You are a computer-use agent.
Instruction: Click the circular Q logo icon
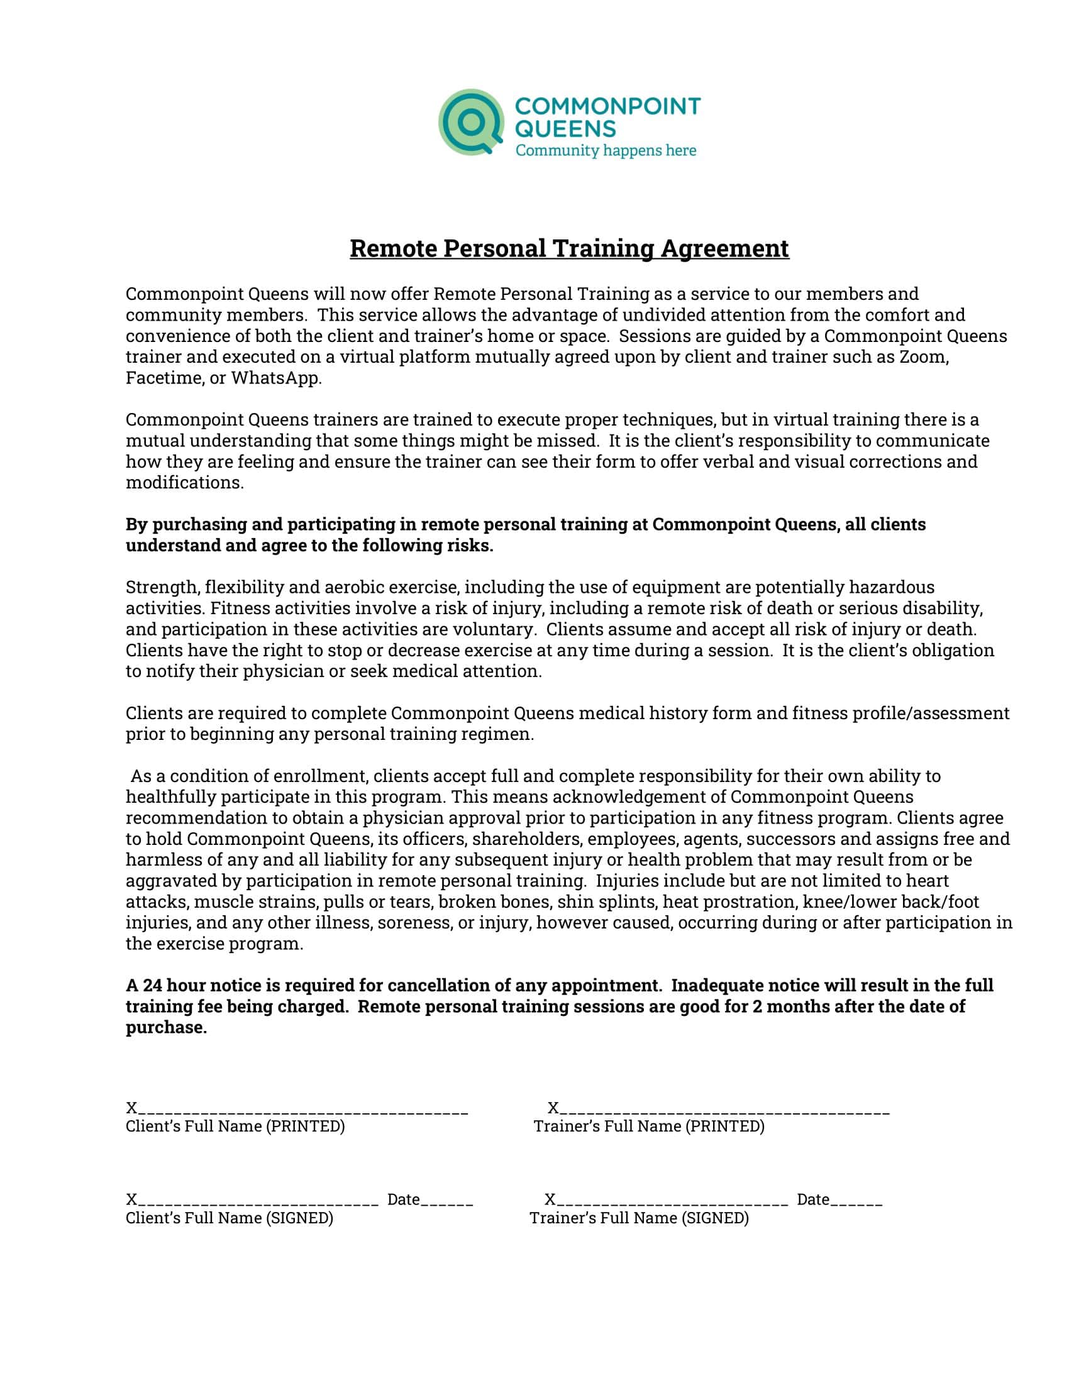[x=471, y=122]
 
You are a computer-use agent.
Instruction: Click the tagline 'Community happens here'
[x=606, y=151]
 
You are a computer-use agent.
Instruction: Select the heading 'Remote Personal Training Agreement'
[x=569, y=248]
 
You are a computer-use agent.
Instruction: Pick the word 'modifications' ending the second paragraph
[x=184, y=483]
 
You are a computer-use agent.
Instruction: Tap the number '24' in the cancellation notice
[x=153, y=985]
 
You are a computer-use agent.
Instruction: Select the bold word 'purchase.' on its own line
[x=166, y=1027]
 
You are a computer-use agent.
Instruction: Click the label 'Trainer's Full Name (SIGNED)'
[x=639, y=1218]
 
